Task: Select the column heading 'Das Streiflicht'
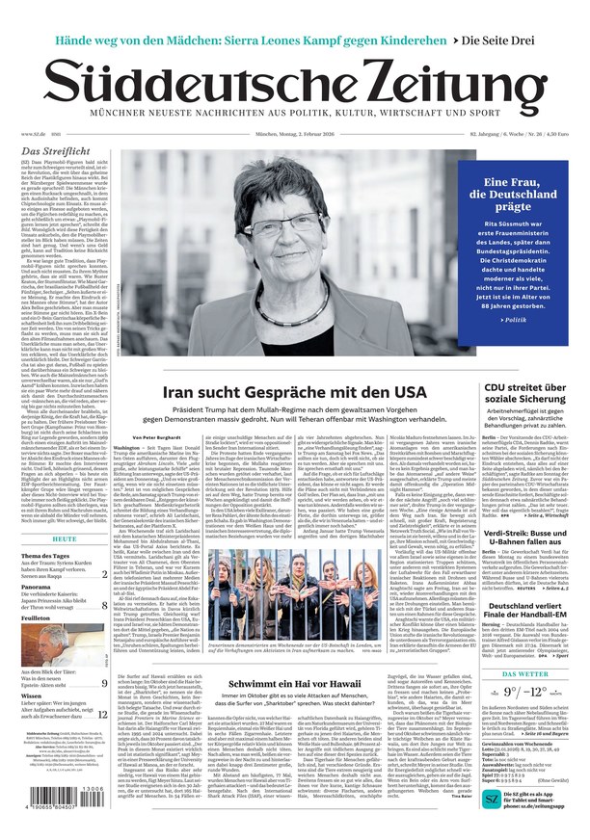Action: point(56,151)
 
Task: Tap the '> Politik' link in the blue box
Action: point(515,319)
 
